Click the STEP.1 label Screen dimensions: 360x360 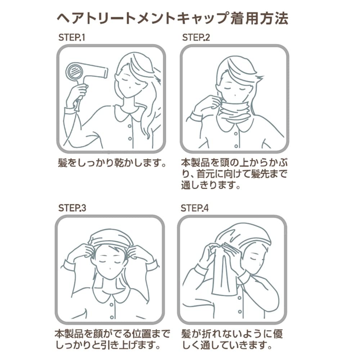coord(72,37)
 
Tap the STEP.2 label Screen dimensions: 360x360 coord(196,37)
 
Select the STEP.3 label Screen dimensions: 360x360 coord(72,208)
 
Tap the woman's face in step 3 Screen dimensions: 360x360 coord(110,261)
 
